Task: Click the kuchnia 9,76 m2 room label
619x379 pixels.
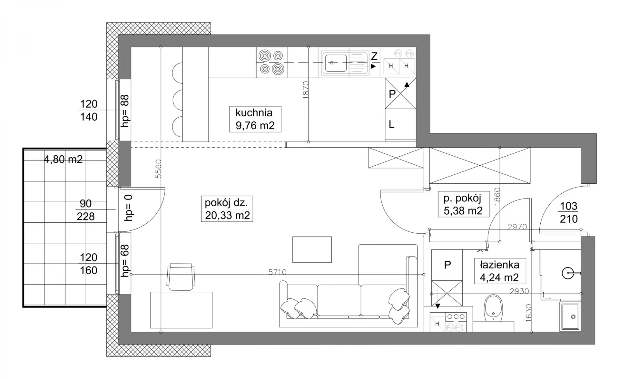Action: [x=255, y=119]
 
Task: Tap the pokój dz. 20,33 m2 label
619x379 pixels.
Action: [x=227, y=209]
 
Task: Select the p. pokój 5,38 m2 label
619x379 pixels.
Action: [x=463, y=204]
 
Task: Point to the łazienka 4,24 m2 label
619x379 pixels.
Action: [x=499, y=271]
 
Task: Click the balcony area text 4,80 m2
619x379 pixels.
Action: [x=63, y=159]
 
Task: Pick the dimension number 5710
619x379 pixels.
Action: [x=277, y=272]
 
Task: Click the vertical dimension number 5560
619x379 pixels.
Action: [x=158, y=169]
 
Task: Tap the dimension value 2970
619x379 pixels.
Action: [x=517, y=227]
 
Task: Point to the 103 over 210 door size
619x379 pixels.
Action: [x=569, y=212]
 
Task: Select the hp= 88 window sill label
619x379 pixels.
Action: [x=125, y=111]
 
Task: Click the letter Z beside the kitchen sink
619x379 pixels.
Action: [x=374, y=56]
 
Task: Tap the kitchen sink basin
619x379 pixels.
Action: [x=336, y=63]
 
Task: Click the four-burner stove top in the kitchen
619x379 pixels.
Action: [x=271, y=63]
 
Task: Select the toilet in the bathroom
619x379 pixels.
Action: [x=493, y=308]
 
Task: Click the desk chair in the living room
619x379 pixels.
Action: [x=181, y=277]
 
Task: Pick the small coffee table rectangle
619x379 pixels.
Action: [x=312, y=249]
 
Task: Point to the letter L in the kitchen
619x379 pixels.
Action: [x=391, y=124]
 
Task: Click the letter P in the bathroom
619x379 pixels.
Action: [x=447, y=265]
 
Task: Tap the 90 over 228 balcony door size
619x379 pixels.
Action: [x=86, y=210]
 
